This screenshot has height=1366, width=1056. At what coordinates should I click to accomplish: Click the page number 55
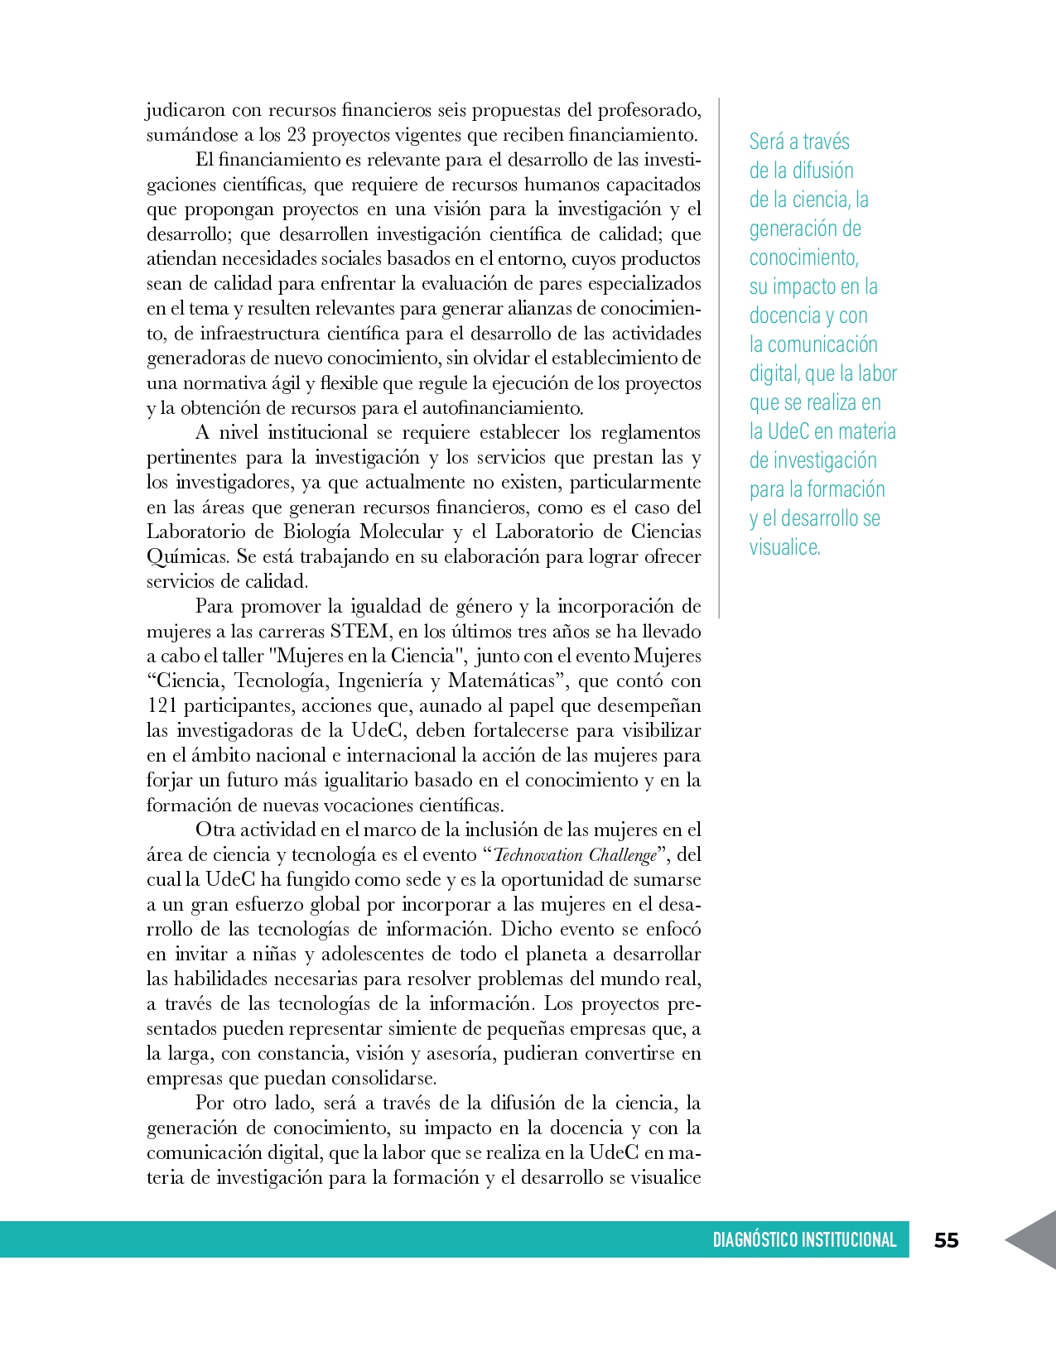coord(946,1240)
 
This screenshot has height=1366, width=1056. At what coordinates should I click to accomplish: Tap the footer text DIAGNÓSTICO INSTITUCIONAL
coord(804,1240)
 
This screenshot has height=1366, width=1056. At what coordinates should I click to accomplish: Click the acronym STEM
coord(359,632)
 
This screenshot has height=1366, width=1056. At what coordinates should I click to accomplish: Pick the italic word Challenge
coord(623,855)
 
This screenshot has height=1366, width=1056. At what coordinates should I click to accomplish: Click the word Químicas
coord(187,557)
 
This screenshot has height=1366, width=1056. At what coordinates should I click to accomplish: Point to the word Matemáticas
coord(501,681)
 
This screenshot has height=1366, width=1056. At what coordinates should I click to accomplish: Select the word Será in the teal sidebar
coord(766,142)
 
